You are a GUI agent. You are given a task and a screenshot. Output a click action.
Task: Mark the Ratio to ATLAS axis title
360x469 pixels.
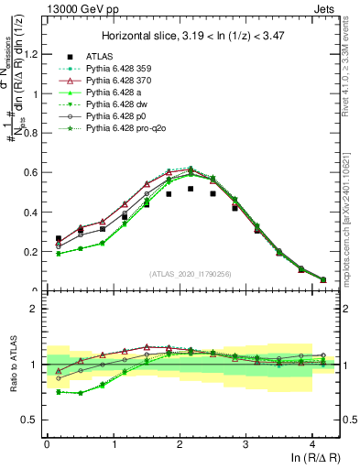[x=14, y=366]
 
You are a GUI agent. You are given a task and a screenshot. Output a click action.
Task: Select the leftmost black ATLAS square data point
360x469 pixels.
[x=59, y=238]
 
